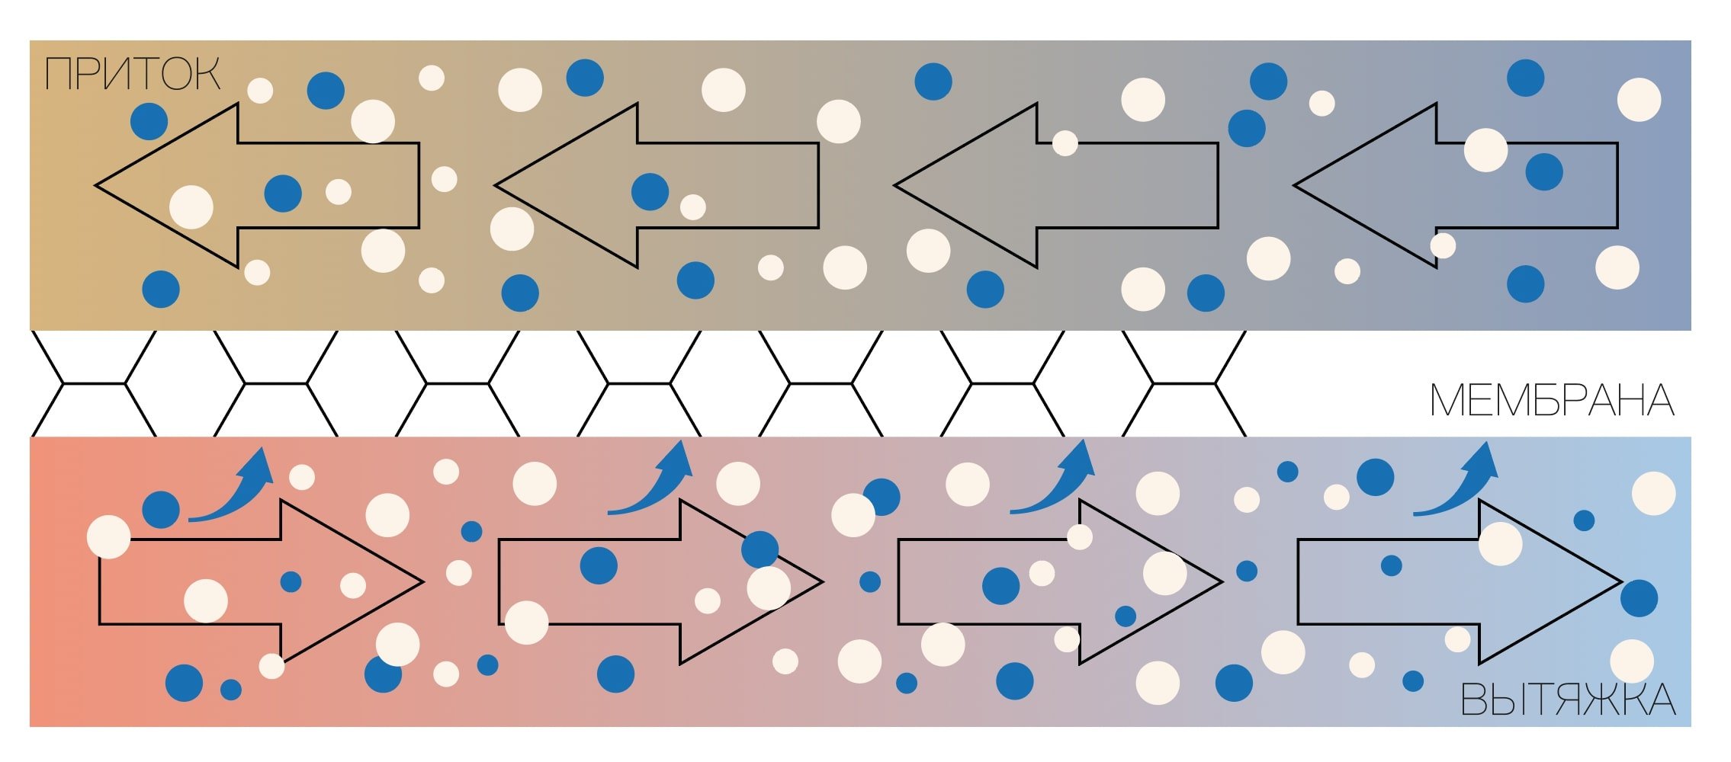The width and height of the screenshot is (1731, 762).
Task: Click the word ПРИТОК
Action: (x=133, y=74)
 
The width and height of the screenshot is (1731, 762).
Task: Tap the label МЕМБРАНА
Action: (x=1551, y=401)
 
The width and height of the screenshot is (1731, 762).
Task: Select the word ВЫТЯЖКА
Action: (x=1567, y=700)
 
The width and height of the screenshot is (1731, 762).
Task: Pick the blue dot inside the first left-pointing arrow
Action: (x=283, y=194)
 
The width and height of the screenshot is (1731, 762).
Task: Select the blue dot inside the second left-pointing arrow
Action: (x=650, y=191)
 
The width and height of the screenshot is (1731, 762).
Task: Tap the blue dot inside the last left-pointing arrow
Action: (x=1544, y=171)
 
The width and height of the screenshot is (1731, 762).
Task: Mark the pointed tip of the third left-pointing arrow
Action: (x=897, y=185)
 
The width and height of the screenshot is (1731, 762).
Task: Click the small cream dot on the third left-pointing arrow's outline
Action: (x=1065, y=142)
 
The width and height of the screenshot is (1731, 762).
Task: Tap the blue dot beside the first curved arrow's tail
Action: (x=161, y=510)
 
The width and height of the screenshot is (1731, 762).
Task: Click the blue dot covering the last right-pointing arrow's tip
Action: (x=1639, y=597)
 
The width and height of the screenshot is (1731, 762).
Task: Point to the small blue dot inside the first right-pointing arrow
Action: (x=291, y=582)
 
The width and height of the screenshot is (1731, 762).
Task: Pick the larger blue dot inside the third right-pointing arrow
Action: (x=1000, y=585)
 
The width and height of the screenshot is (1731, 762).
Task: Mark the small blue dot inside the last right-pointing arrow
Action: (x=1391, y=565)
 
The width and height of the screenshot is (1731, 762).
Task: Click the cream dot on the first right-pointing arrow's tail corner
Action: (x=109, y=536)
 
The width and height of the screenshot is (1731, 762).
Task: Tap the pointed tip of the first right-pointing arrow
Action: (x=421, y=582)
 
